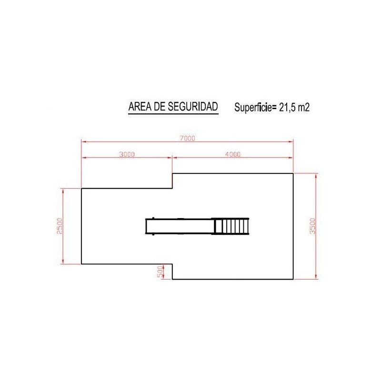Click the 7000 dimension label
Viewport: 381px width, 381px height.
[x=187, y=138]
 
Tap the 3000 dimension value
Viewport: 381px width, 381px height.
[x=127, y=154]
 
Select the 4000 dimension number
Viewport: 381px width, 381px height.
[x=233, y=154]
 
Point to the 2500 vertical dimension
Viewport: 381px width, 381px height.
[x=60, y=226]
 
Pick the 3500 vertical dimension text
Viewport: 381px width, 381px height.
[x=313, y=226]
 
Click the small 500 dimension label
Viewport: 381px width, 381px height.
[x=160, y=271]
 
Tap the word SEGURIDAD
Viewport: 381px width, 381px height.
[x=193, y=106]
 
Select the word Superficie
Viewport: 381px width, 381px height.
[x=253, y=108]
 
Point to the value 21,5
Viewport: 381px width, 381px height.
[x=287, y=108]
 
